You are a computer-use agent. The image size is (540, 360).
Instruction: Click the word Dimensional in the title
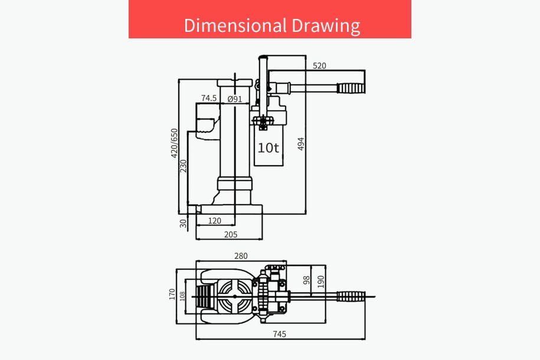tap(235, 25)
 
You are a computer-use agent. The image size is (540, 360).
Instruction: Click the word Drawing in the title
tap(326, 26)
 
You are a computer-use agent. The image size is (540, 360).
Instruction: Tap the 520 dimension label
tap(319, 66)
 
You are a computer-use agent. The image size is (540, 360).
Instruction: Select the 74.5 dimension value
tap(209, 98)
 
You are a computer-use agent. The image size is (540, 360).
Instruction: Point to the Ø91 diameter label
tap(234, 99)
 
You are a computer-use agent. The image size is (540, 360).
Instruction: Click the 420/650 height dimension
tap(174, 143)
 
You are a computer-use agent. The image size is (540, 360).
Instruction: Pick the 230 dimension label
tap(183, 166)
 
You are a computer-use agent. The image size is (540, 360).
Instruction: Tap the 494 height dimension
tap(300, 144)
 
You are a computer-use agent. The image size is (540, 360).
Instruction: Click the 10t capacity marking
tap(268, 148)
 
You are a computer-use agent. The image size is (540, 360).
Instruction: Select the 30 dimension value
tap(183, 224)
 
